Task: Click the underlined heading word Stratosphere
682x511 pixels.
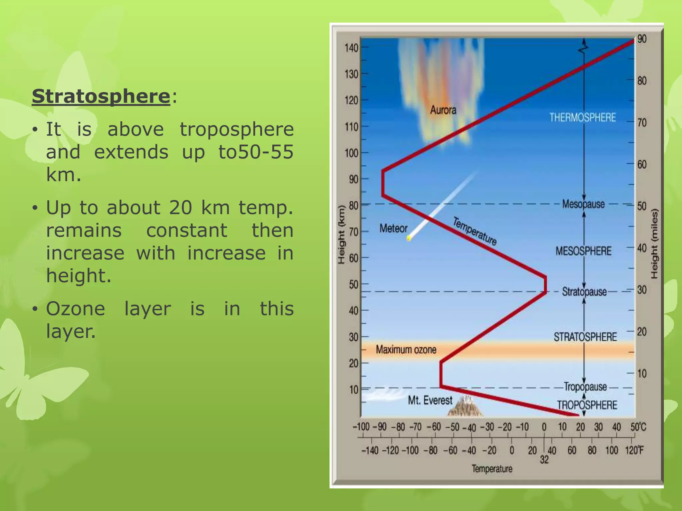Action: [101, 96]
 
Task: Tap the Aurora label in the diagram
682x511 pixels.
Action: [443, 110]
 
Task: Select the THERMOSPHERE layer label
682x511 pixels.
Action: [582, 117]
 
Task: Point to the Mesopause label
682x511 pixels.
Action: [583, 204]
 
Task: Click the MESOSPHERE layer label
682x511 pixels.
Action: [583, 251]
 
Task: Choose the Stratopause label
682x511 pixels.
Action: [584, 292]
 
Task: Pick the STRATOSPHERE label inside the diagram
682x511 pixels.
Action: [585, 337]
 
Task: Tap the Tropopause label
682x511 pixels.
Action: [585, 387]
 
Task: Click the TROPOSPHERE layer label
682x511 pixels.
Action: [587, 405]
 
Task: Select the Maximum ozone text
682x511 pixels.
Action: [406, 350]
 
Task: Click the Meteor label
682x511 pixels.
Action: [393, 229]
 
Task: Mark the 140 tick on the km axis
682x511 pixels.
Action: [351, 48]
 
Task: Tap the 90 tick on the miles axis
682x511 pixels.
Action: [642, 39]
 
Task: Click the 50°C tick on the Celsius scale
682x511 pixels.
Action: [638, 427]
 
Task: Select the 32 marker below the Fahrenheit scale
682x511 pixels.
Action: [544, 460]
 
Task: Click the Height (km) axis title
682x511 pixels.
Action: [341, 235]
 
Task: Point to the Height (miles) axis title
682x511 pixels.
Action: [654, 244]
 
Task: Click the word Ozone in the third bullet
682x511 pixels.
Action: [76, 309]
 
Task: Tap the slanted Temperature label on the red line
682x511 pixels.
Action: [475, 231]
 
